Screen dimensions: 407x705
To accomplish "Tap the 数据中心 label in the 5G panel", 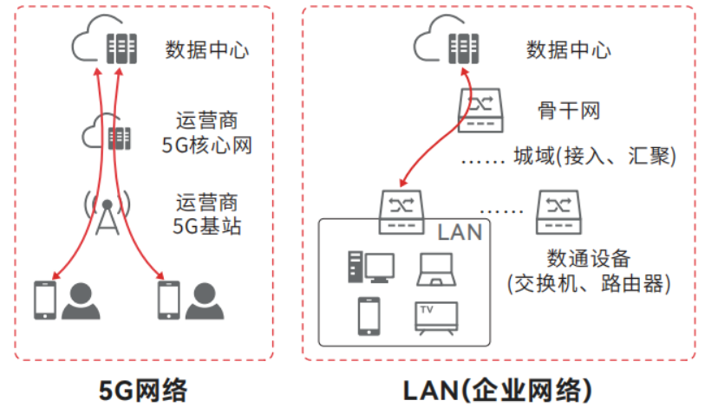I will click(207, 49).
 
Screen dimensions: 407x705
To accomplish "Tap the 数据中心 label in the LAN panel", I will click(568, 49).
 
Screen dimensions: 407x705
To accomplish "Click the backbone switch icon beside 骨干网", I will click(480, 109).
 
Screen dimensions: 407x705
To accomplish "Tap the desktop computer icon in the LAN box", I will click(369, 267).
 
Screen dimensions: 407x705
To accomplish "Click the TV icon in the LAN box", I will click(437, 318).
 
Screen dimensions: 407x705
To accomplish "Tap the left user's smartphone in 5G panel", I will click(44, 300).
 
